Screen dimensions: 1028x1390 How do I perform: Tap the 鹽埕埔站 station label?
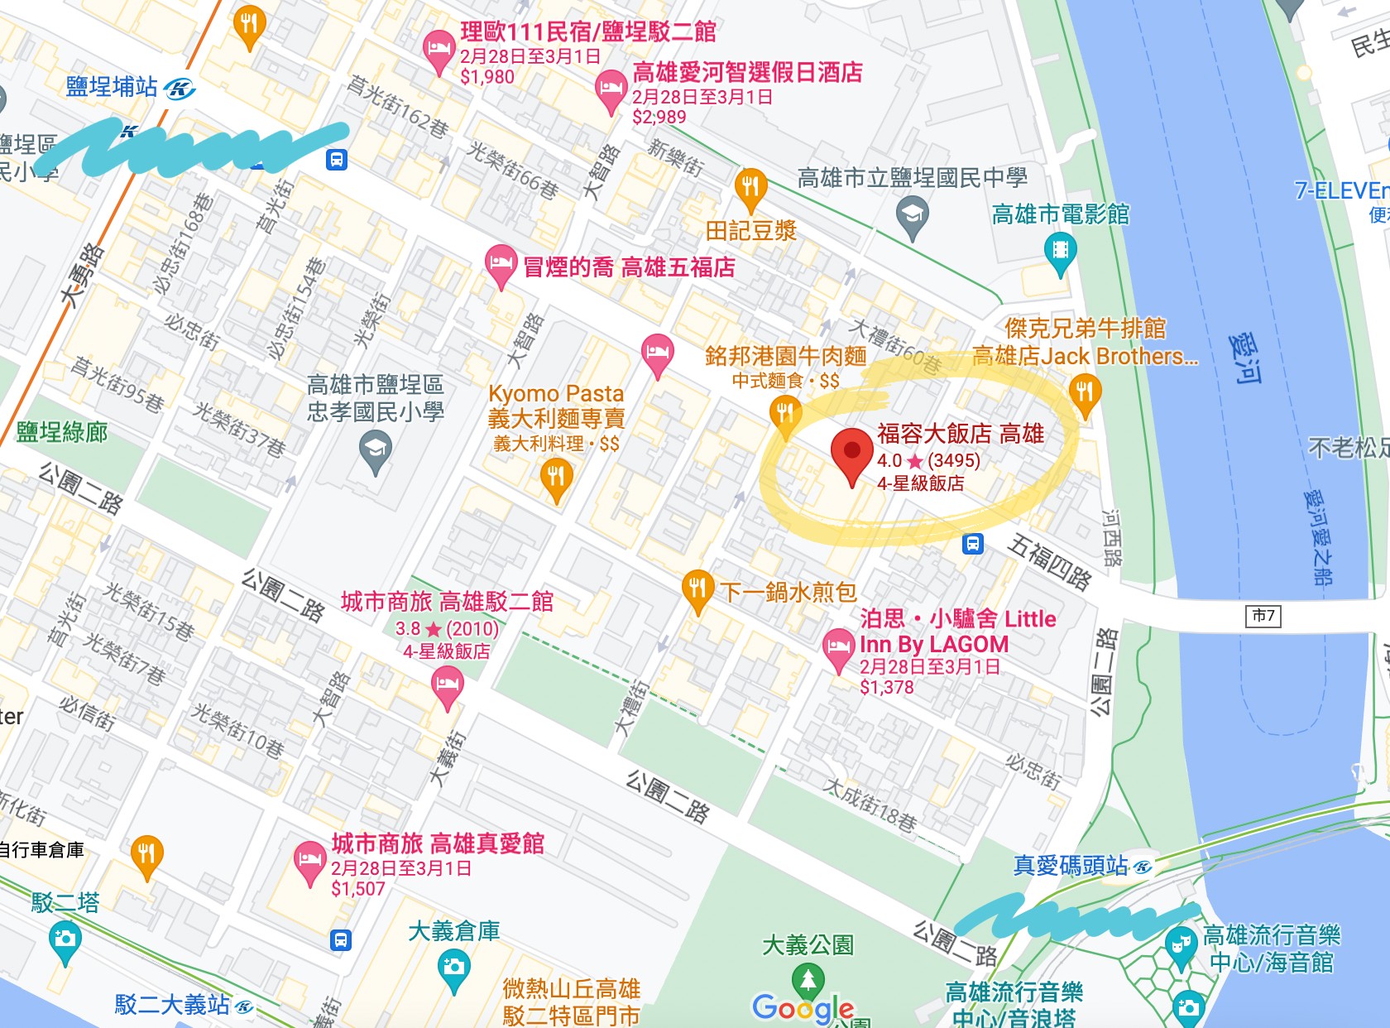coord(112,87)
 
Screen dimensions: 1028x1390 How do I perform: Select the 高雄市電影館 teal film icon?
coord(1060,251)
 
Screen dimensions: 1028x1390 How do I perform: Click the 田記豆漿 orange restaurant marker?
coord(750,188)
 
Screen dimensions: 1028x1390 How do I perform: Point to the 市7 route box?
coord(1263,615)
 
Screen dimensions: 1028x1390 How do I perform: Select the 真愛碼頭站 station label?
coord(1071,866)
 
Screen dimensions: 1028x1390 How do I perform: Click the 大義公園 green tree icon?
coord(808,980)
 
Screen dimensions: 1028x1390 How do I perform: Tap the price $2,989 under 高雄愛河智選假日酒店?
coord(659,117)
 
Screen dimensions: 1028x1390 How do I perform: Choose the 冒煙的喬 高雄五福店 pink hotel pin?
coord(500,265)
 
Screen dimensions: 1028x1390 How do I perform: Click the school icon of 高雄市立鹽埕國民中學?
coord(912,215)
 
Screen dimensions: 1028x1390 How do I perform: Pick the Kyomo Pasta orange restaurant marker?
coord(556,478)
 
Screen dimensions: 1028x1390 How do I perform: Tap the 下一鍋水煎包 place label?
coord(788,592)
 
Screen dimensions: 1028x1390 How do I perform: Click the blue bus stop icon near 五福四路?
coord(973,544)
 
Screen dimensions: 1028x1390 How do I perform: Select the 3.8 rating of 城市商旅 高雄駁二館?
coord(408,629)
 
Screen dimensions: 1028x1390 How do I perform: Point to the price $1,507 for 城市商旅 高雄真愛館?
coord(358,889)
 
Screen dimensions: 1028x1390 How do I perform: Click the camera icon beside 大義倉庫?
coord(453,968)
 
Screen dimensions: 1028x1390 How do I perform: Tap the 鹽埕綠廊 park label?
coord(62,432)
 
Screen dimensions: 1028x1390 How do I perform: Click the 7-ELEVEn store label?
coord(1340,191)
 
